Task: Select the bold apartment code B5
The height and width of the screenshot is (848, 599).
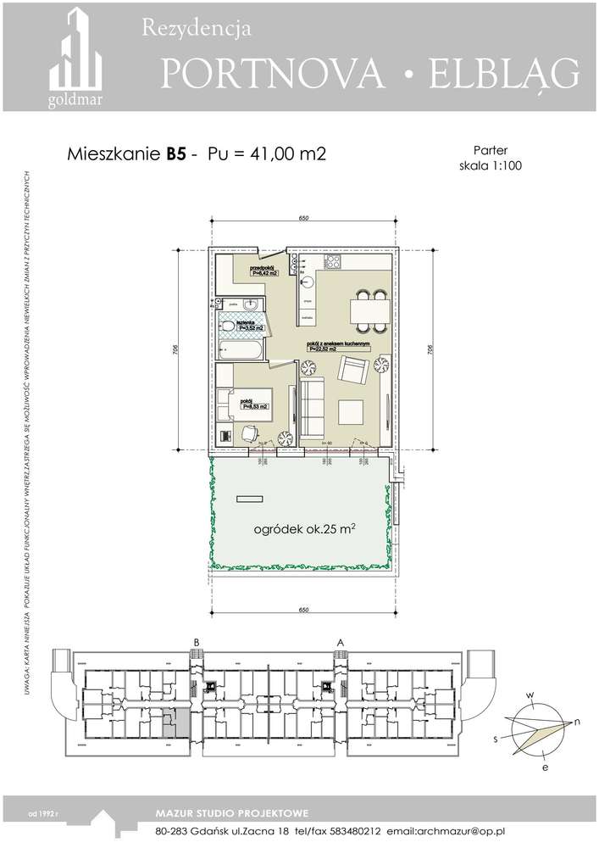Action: tap(175, 154)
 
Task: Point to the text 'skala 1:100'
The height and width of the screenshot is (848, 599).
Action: tap(489, 167)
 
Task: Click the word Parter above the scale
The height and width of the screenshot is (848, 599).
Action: tap(488, 150)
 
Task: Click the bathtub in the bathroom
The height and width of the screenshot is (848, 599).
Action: tap(241, 347)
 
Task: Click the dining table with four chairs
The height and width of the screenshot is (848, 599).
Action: tap(370, 311)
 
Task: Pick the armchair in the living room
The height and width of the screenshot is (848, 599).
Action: tap(352, 371)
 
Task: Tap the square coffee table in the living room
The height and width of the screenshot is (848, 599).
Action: tap(352, 413)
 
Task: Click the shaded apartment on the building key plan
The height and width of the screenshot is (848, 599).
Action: tap(173, 722)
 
